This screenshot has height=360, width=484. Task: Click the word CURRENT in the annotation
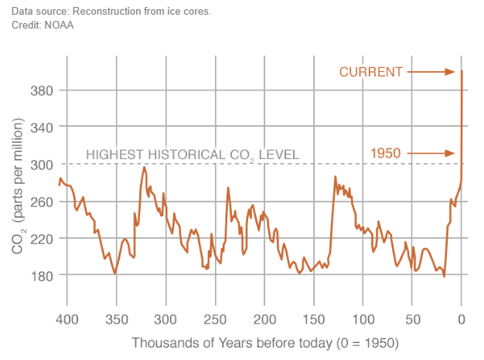point(371,72)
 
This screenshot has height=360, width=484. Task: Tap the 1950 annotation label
point(387,153)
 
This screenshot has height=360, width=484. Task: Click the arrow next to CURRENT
point(431,72)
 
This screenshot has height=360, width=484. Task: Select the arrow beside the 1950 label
point(431,153)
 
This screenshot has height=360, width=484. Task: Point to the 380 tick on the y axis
point(40,90)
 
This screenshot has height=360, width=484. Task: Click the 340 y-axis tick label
point(40,127)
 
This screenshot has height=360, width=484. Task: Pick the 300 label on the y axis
point(40,165)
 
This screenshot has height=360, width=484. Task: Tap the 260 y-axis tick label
point(40,202)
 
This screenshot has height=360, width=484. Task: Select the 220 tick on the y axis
point(40,239)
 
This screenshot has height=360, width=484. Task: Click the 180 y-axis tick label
point(40,276)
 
